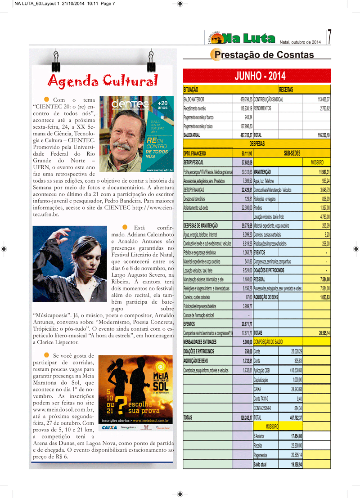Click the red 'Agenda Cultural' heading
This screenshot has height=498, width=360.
tap(103, 81)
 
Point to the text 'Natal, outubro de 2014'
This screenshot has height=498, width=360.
tap(300, 42)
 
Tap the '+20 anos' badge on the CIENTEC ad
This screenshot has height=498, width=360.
tap(162, 105)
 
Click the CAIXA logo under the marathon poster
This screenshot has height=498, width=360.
tap(110, 427)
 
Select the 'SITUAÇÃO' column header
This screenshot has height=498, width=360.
tap(191, 90)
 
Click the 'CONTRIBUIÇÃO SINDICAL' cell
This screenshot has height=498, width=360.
tap(269, 99)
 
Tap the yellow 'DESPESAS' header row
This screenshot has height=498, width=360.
tap(257, 144)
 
